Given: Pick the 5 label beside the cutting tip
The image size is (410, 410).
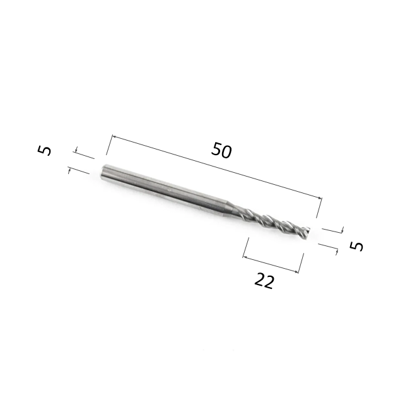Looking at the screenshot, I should (357, 245).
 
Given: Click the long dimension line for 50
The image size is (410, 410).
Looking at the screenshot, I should (214, 167).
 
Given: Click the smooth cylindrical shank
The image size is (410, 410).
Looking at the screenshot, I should (164, 190).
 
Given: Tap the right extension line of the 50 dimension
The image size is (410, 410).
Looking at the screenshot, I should (320, 209).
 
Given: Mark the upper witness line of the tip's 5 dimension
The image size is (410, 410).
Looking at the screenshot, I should (332, 229).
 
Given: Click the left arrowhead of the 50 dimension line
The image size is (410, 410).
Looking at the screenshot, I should (114, 136).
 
